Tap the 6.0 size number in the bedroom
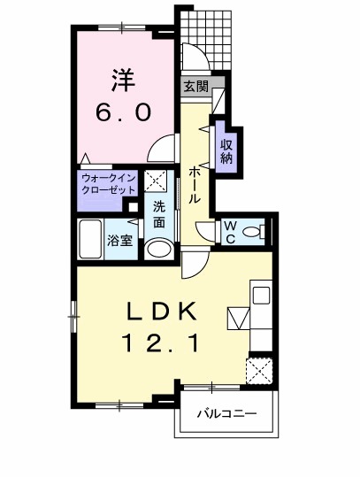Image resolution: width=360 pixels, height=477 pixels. [123, 113]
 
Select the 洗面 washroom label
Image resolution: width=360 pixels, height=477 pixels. [158, 215]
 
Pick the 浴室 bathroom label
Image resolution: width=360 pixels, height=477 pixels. [120, 239]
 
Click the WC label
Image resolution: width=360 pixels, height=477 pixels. [228, 232]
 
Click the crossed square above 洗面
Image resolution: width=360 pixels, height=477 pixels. [157, 181]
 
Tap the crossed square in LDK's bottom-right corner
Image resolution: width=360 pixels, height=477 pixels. [261, 369]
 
